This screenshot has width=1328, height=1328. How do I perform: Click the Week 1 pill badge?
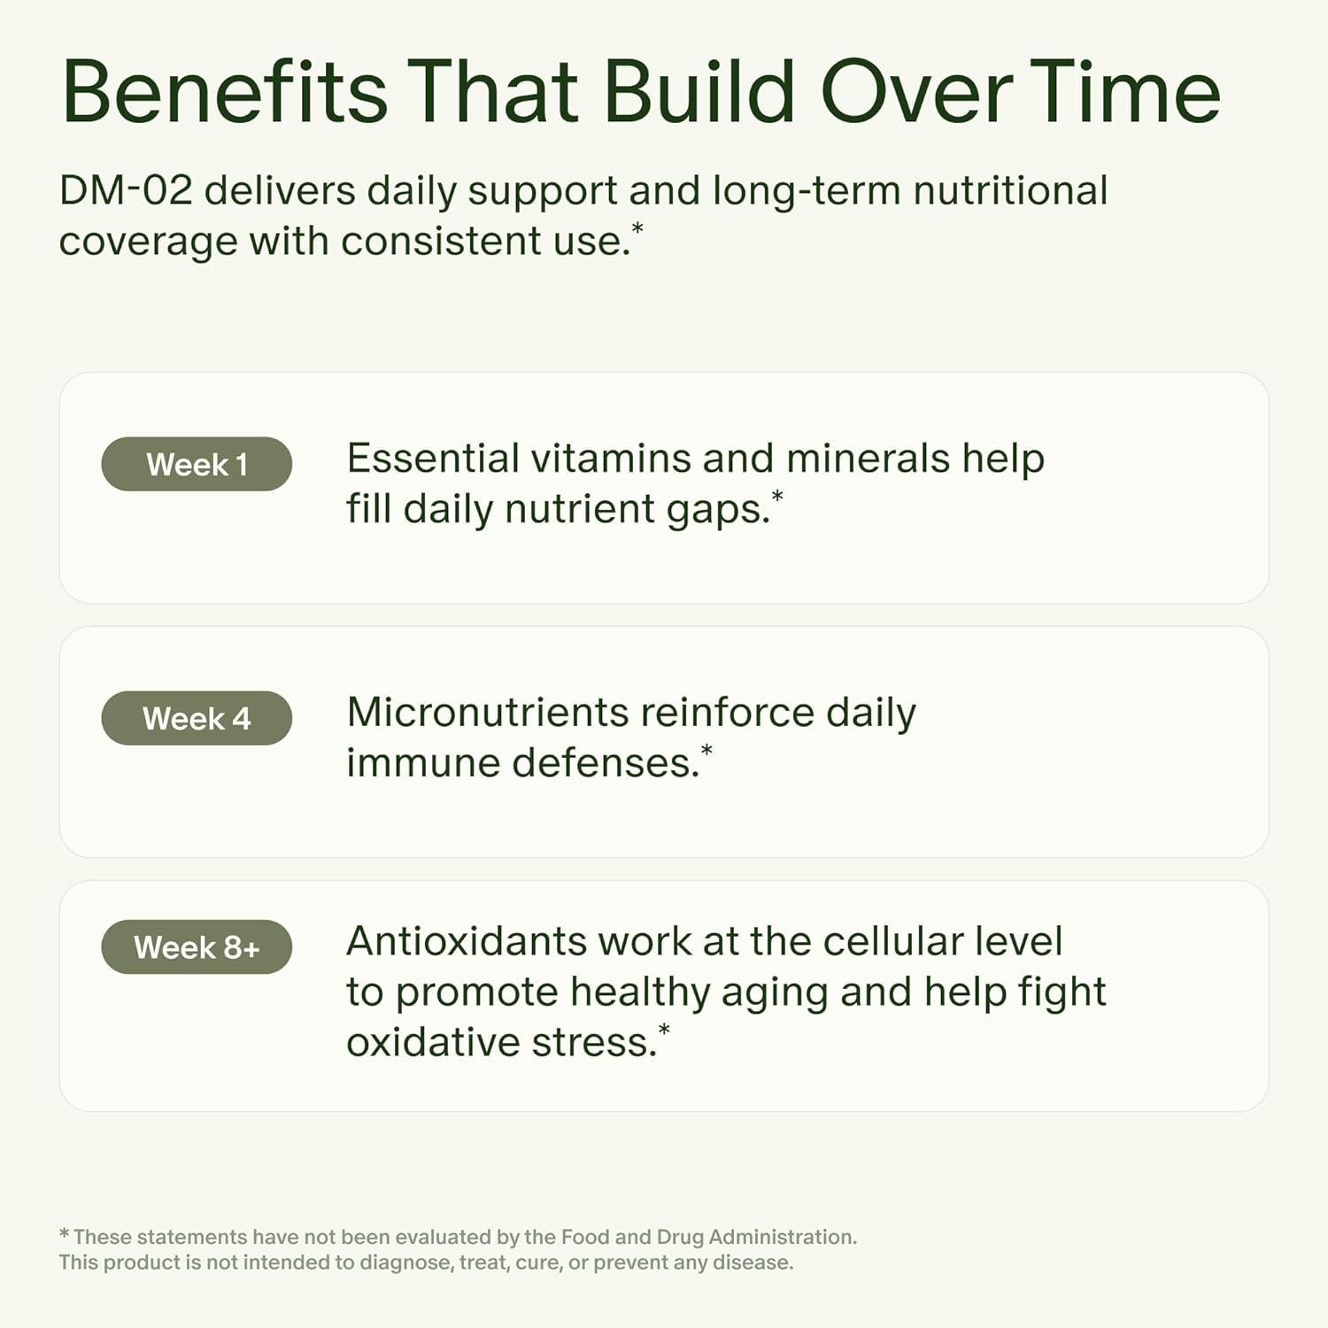point(197,464)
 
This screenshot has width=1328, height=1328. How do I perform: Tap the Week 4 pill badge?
point(197,718)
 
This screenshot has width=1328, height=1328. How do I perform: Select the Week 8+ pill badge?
point(197,947)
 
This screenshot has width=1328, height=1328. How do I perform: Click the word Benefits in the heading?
point(224,92)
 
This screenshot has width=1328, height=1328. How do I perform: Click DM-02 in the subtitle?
point(125,190)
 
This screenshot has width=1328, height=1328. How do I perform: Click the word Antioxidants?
point(466,941)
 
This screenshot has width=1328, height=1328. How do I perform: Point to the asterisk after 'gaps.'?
point(777,496)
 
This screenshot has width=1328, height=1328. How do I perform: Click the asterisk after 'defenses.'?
point(706,750)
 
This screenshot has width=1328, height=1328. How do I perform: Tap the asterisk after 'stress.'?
point(664,1030)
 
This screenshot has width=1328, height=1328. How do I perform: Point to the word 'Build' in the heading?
point(699,92)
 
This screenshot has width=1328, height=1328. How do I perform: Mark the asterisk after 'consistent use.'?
point(637,228)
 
